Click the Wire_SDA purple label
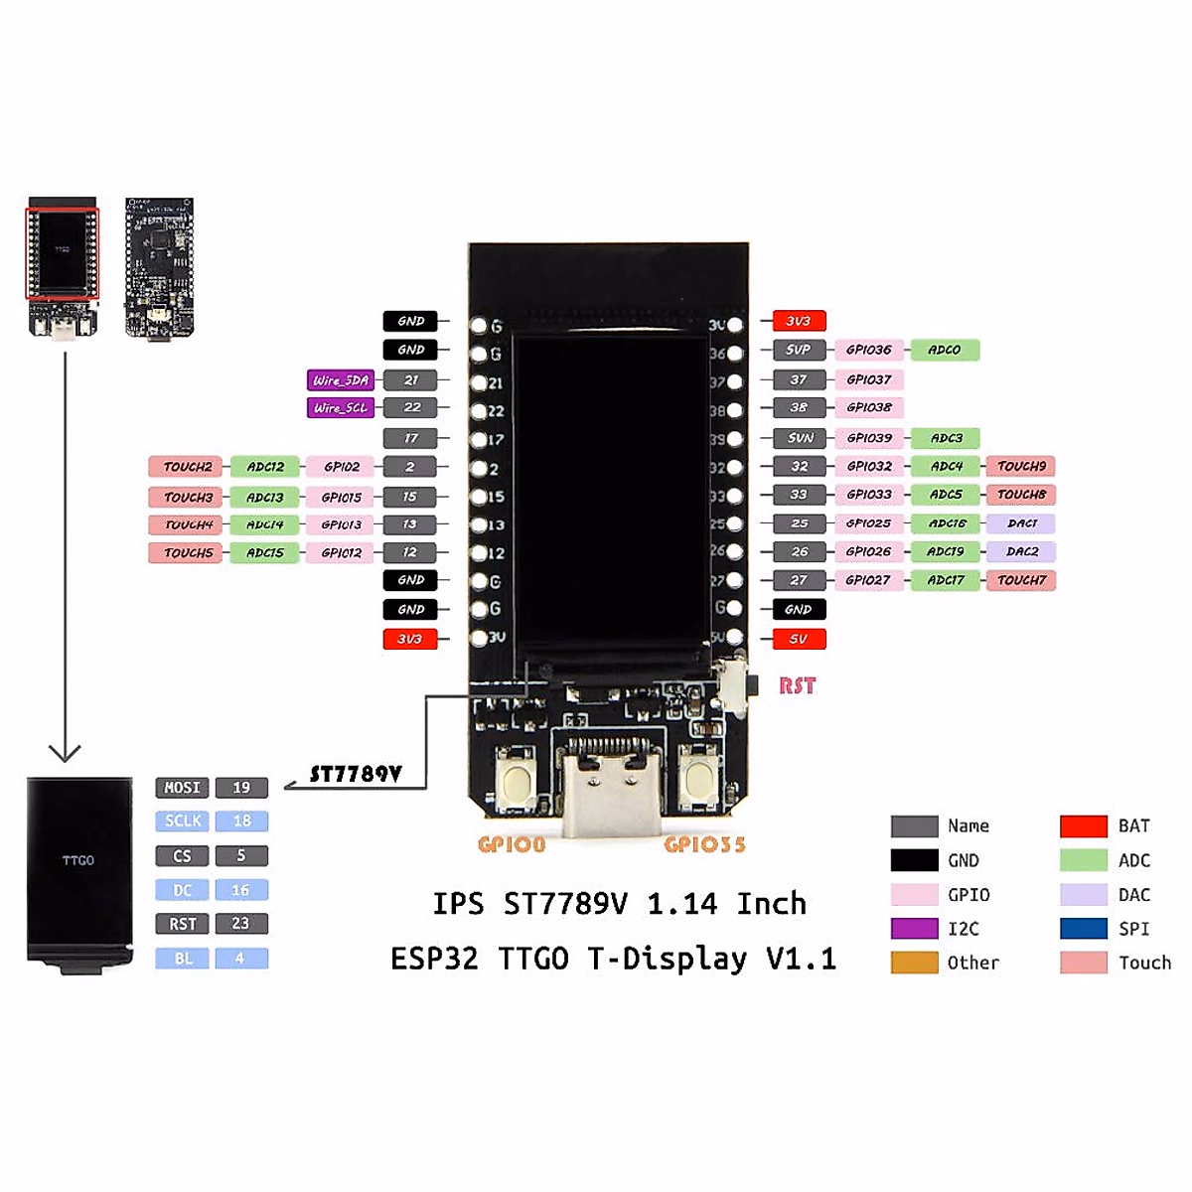(341, 379)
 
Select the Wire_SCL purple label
(341, 407)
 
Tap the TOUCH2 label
(188, 466)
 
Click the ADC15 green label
(264, 552)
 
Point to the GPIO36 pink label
(869, 350)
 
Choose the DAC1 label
(1021, 522)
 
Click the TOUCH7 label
(1021, 580)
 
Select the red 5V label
(799, 639)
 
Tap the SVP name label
(799, 350)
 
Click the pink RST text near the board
(797, 685)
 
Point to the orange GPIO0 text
(512, 844)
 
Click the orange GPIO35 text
(704, 844)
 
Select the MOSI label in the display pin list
(182, 788)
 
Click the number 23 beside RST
(241, 924)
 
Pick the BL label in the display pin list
(182, 959)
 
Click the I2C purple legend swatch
(914, 929)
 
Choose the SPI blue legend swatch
(1083, 929)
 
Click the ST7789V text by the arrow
(356, 774)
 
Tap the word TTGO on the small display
(78, 860)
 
